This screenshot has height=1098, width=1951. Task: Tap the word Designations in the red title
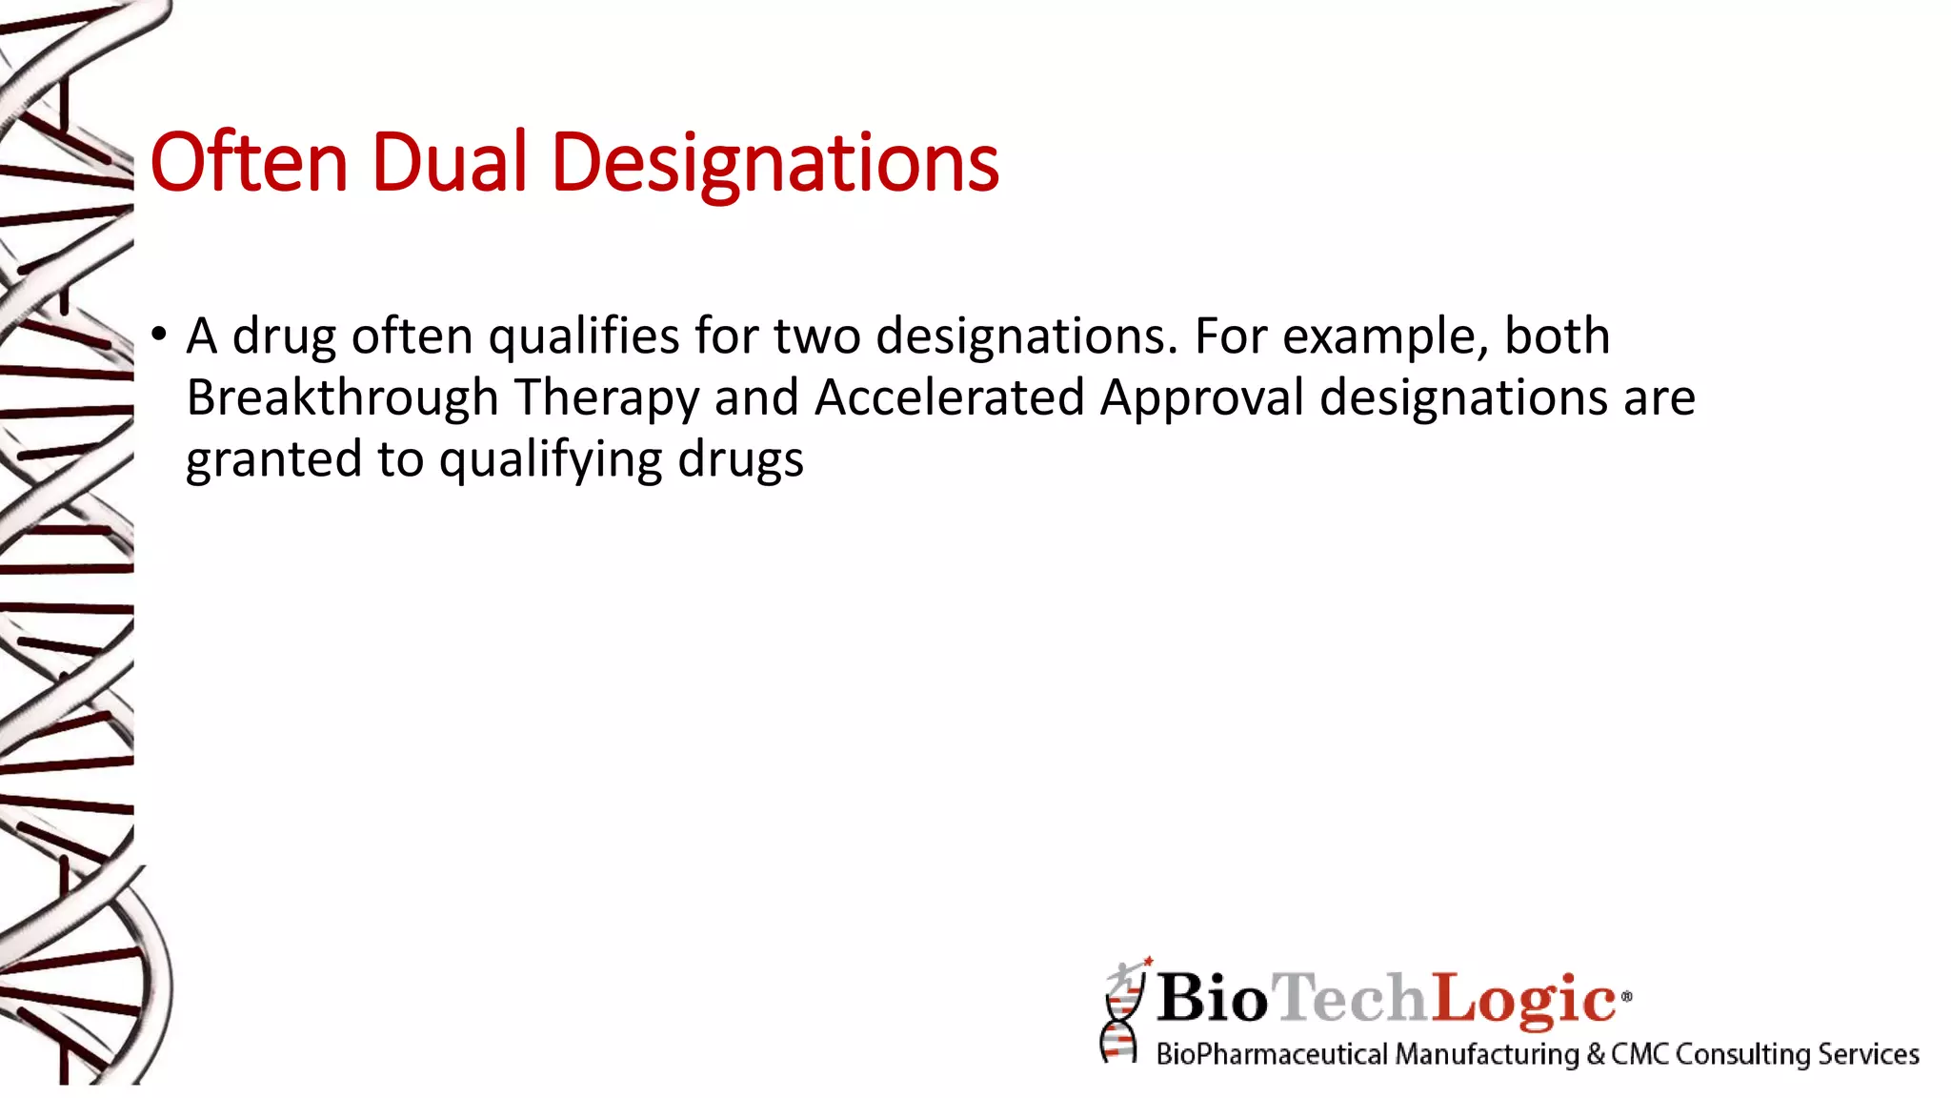(x=774, y=164)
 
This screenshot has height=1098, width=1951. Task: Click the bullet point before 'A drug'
(x=159, y=335)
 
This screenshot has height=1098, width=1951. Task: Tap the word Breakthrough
(x=342, y=398)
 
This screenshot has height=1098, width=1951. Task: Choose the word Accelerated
(x=949, y=397)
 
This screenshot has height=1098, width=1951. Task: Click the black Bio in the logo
(x=1213, y=999)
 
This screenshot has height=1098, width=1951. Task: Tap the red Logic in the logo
(x=1524, y=999)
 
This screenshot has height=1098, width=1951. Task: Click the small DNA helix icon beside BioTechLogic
(x=1123, y=1012)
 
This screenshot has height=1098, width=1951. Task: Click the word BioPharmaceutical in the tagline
(x=1272, y=1054)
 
